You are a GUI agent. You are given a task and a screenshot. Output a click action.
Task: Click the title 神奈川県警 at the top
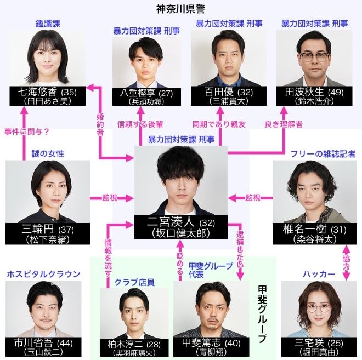180,9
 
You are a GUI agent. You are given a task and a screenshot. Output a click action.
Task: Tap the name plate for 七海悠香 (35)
48,96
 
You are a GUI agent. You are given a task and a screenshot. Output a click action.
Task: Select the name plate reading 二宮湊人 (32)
181,227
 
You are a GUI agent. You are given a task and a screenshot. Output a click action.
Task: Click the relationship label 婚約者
100,124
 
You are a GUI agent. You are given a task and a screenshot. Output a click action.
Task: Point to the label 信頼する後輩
140,124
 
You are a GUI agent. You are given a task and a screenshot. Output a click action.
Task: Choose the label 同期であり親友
219,124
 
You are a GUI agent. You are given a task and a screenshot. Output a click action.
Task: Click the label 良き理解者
283,124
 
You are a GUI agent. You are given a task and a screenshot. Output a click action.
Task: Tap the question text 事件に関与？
27,132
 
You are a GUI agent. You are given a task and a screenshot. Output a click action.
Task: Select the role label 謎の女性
48,154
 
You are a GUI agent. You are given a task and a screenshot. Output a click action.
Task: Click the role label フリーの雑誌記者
323,154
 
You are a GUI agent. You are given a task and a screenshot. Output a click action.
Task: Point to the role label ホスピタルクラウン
44,274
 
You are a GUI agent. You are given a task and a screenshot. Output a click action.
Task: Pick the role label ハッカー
319,274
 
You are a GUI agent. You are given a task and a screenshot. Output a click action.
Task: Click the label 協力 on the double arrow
347,262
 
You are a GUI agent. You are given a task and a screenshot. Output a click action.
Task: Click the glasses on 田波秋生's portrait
314,57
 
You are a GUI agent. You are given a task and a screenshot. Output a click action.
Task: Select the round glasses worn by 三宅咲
319,308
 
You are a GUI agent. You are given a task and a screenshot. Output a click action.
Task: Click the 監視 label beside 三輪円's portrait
110,198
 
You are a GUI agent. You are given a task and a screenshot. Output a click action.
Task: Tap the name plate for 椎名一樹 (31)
315,233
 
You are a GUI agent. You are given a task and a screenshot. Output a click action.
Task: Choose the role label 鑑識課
48,24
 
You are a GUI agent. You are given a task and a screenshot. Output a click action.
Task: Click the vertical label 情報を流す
108,258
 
